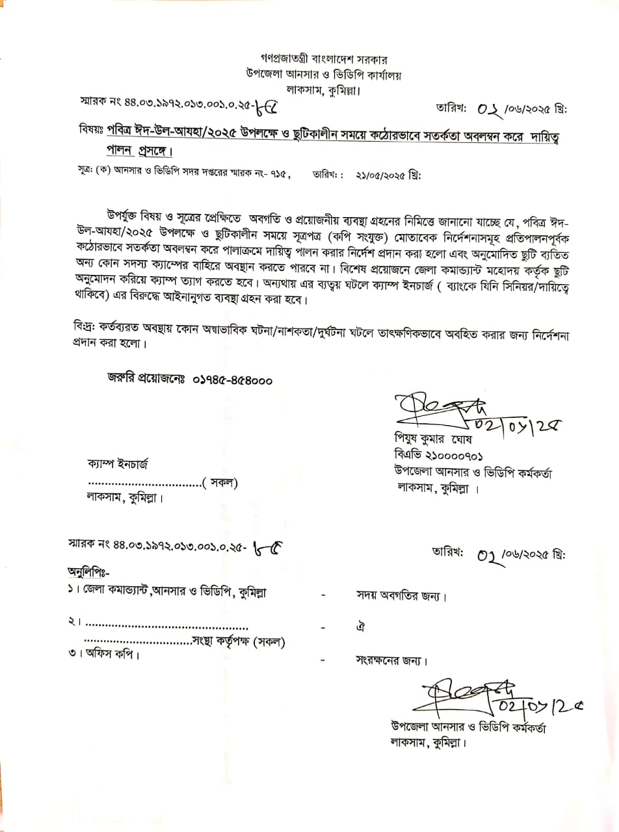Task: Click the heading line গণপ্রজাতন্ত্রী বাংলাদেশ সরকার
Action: click(x=323, y=57)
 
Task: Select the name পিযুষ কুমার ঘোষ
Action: click(x=432, y=440)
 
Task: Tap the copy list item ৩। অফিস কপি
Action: click(x=103, y=654)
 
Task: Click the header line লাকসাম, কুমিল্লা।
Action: click(x=323, y=90)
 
